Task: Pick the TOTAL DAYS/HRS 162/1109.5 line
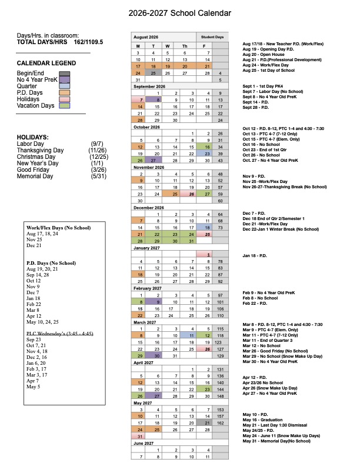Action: point(59,43)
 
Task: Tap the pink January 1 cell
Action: point(208,254)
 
